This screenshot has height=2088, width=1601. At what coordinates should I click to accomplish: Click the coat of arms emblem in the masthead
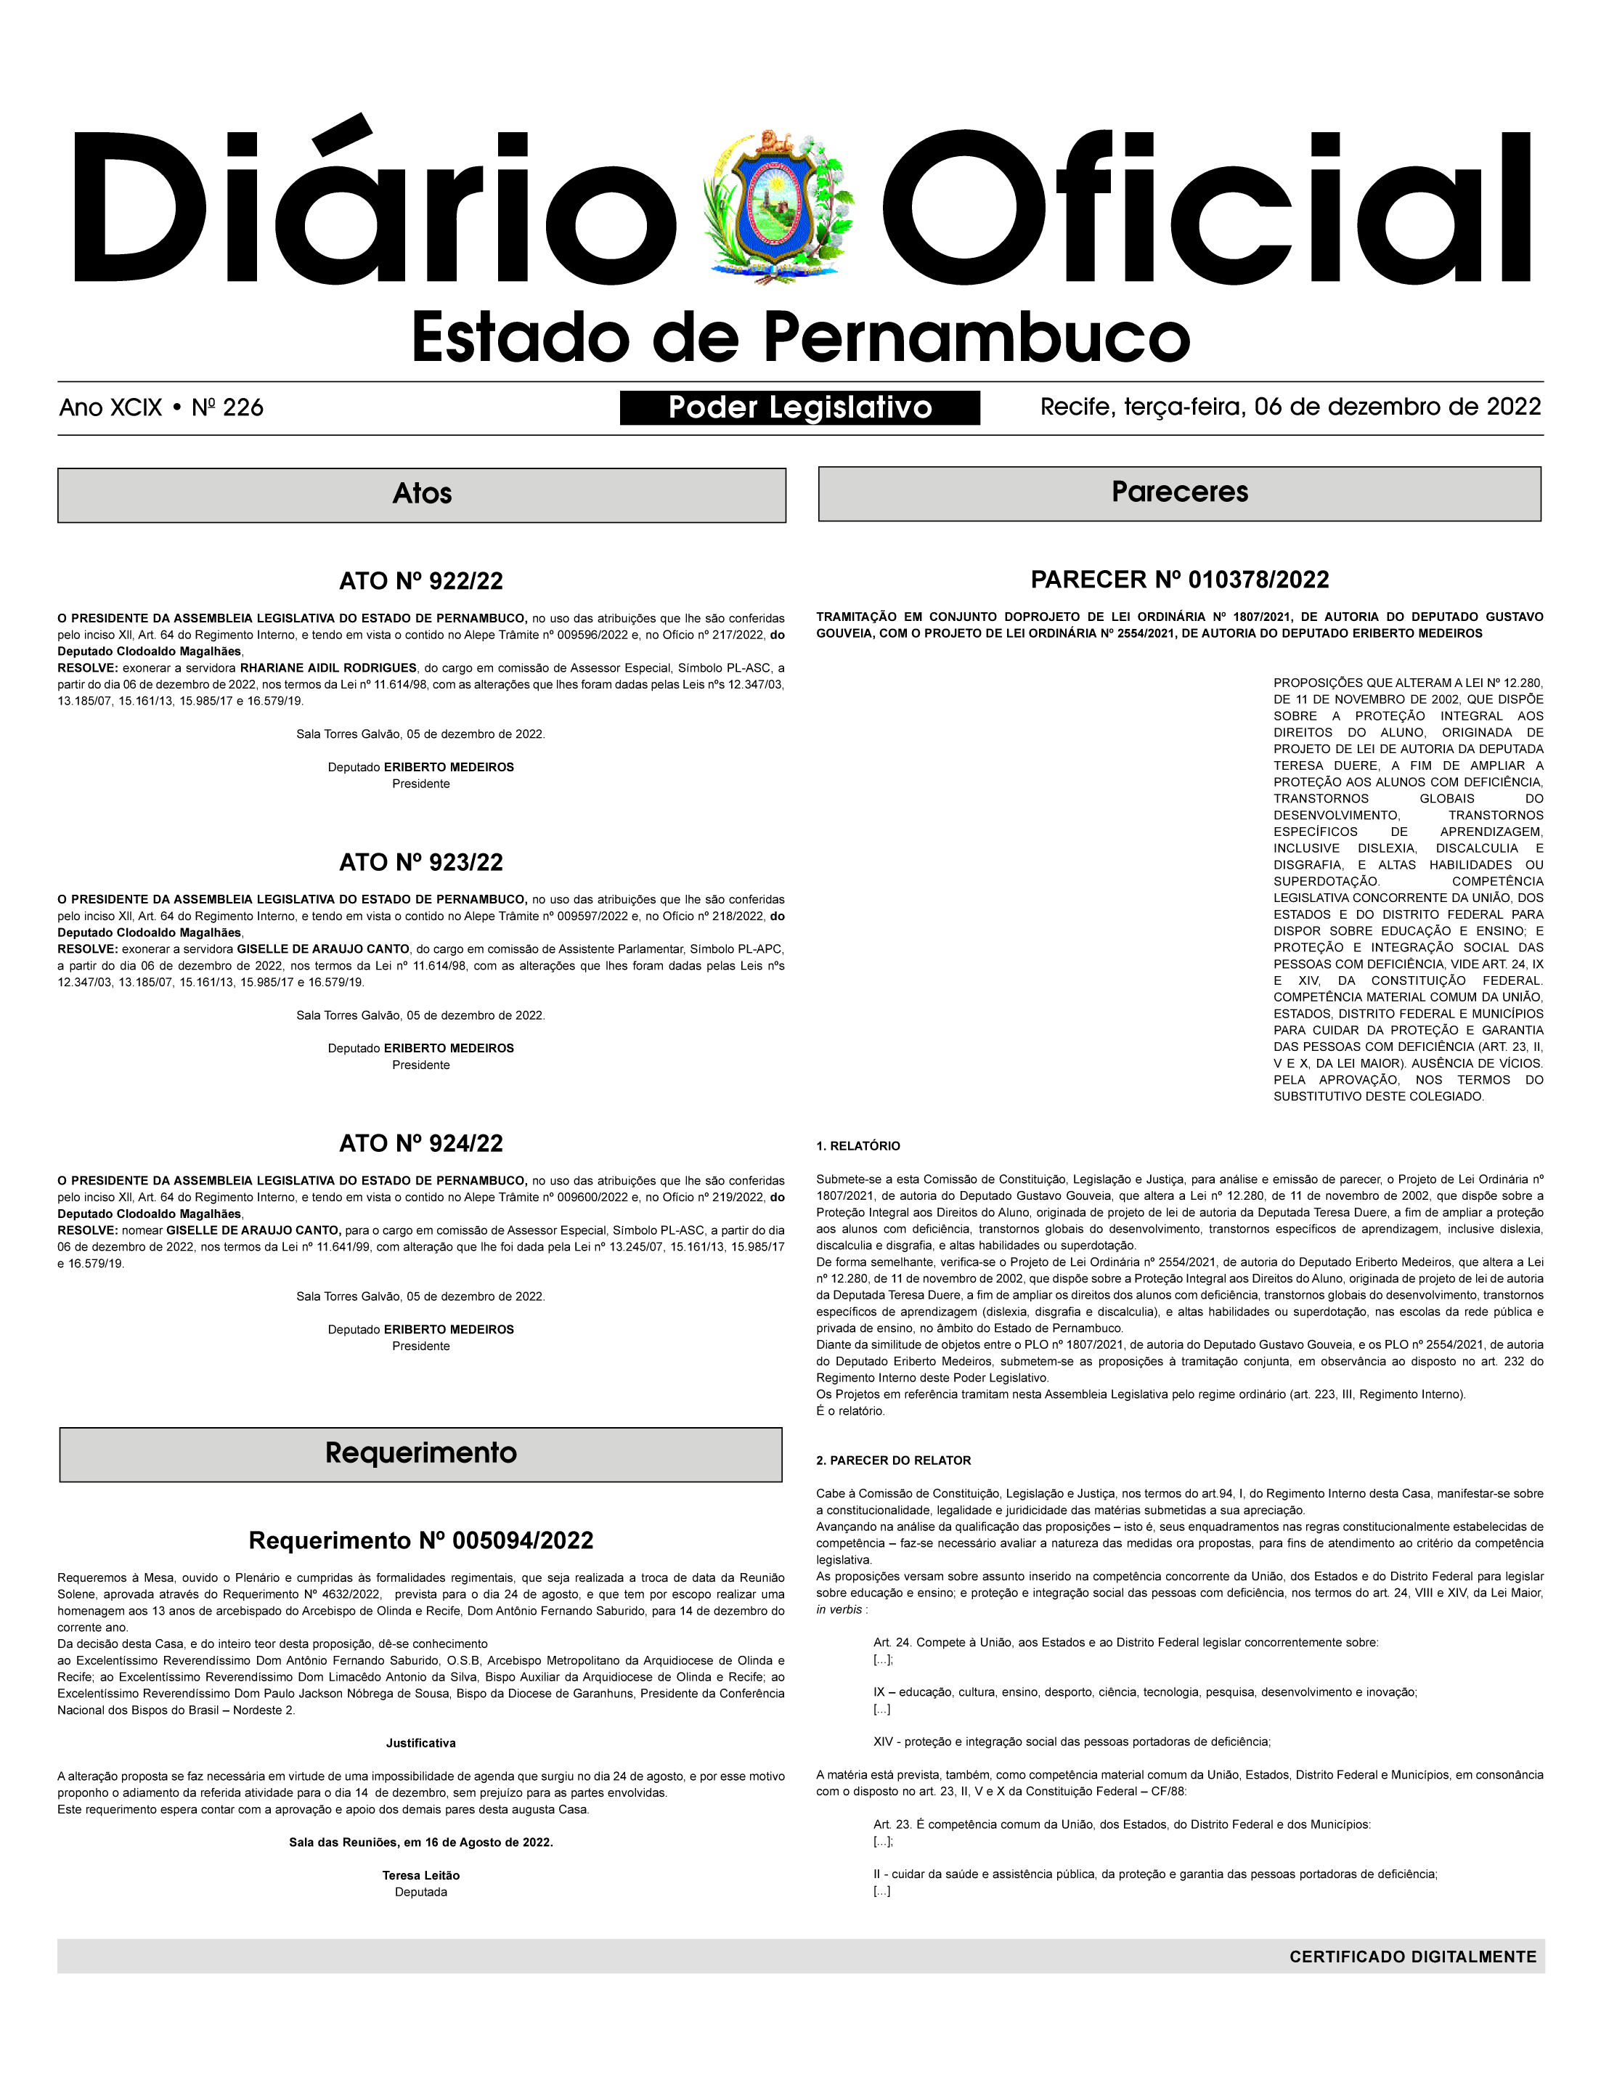point(778,208)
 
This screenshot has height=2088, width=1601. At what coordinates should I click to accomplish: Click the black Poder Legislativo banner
point(799,408)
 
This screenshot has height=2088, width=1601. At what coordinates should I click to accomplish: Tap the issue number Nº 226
point(228,408)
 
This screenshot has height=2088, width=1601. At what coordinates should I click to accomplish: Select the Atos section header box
point(421,495)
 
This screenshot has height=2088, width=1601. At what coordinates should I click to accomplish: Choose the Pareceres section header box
point(1179,494)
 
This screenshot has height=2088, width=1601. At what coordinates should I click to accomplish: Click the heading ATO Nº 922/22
point(421,581)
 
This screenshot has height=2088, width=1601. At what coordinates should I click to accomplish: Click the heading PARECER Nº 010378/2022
point(1179,580)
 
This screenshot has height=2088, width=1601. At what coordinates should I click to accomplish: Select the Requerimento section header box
point(420,1453)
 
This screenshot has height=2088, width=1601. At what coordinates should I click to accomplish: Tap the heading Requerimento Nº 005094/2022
point(421,1541)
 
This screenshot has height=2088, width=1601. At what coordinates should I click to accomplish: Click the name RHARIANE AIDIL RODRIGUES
point(328,668)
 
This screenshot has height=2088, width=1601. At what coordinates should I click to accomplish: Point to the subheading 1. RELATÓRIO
point(857,1147)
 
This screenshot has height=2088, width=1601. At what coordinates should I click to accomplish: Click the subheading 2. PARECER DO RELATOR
point(893,1461)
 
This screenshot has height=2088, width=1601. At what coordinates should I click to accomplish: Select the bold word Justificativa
point(420,1743)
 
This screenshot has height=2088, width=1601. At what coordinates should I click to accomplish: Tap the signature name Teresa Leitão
point(420,1875)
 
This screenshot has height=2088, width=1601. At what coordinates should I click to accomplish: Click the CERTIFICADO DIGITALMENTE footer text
point(1412,1957)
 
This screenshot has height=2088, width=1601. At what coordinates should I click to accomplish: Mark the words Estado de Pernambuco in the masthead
point(800,338)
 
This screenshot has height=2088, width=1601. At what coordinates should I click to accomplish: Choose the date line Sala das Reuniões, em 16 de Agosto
point(420,1842)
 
